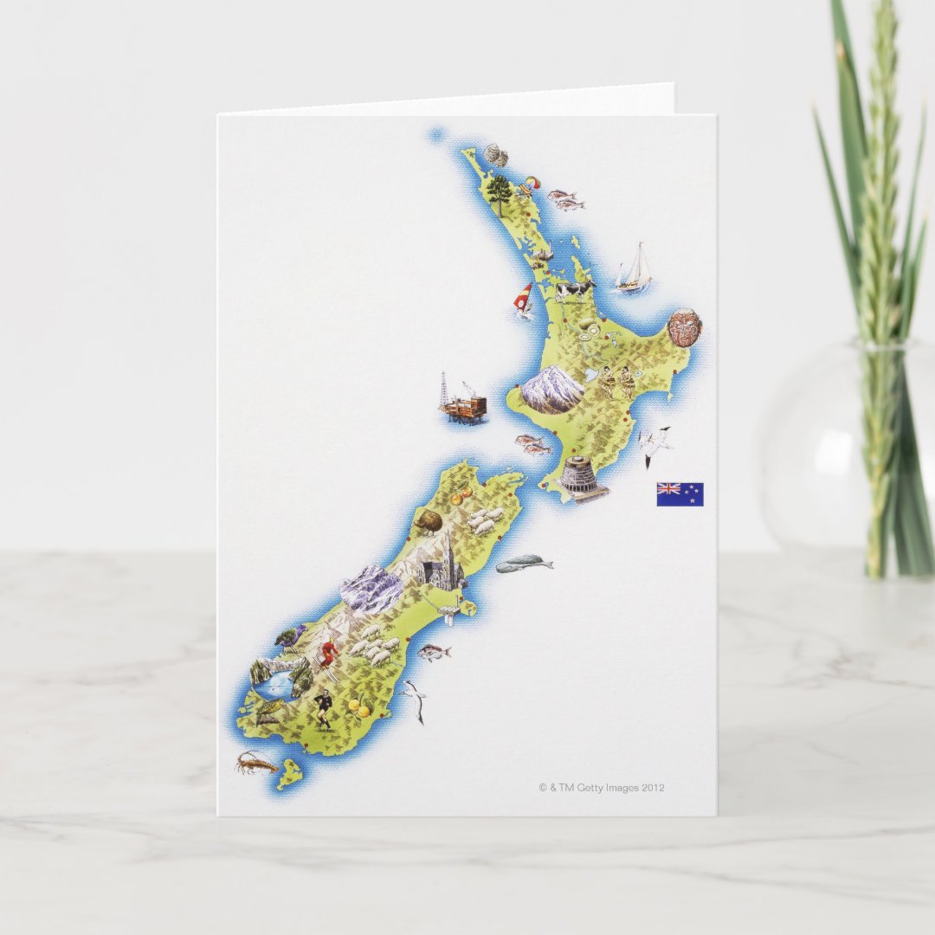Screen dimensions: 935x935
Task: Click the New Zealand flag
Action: [680, 494]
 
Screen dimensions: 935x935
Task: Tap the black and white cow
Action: [574, 289]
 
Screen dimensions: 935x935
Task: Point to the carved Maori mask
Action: [684, 327]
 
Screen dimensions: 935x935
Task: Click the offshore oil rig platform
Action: [463, 403]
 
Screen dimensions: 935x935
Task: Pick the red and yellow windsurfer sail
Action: [523, 299]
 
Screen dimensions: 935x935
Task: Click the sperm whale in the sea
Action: [524, 564]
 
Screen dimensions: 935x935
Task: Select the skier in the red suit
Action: [329, 652]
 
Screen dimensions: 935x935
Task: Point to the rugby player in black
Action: [324, 708]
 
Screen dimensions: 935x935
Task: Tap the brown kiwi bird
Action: [429, 521]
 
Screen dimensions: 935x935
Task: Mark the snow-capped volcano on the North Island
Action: [552, 389]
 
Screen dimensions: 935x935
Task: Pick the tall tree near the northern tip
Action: [499, 192]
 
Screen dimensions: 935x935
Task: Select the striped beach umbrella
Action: [527, 184]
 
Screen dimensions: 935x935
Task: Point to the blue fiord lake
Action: [276, 685]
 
